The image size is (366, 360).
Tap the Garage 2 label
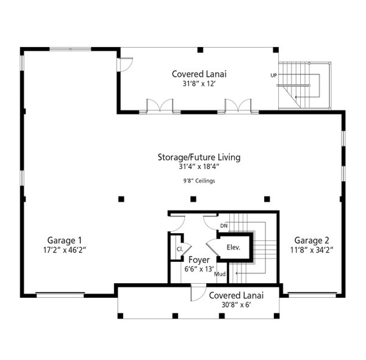click(314, 240)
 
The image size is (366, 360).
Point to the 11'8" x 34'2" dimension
click(314, 250)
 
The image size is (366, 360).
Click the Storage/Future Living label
click(199, 157)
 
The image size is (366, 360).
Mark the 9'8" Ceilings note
click(199, 181)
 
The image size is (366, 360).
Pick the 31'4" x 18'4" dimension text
click(199, 167)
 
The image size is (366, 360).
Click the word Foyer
click(199, 259)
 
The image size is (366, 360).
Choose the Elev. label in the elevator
click(234, 248)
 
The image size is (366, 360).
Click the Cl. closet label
click(180, 250)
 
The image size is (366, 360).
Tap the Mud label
click(220, 275)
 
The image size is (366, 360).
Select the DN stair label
click(224, 226)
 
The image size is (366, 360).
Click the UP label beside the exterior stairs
click(273, 76)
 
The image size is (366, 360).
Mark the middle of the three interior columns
click(193, 199)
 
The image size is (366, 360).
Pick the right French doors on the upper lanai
click(239, 106)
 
